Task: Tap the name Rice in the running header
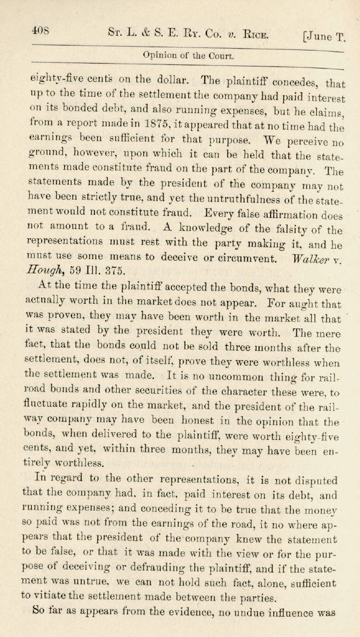pos(254,35)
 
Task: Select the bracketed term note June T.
pos(324,37)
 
